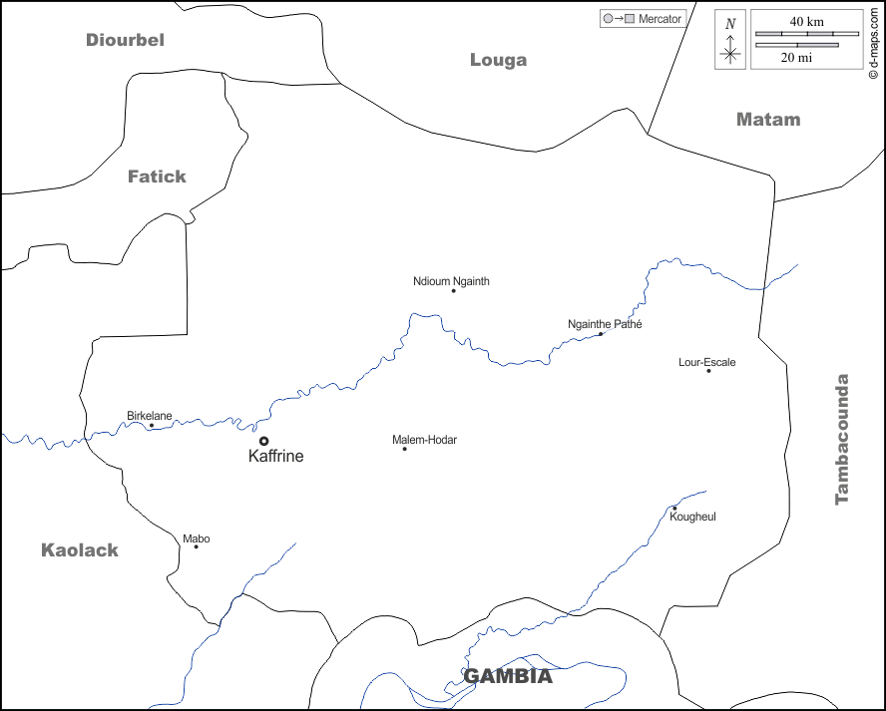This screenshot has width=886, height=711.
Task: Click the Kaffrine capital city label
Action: pos(275,456)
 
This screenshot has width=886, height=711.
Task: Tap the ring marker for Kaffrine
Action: pos(263,440)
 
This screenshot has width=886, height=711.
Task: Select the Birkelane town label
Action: pos(149,415)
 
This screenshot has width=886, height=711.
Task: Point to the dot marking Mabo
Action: pos(196,546)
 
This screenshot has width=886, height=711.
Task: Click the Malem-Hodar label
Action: pos(424,440)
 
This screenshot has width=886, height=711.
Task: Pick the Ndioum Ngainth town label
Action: pos(451,281)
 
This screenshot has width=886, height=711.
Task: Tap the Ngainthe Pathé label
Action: pos(605,324)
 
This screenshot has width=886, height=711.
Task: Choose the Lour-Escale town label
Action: pos(706,362)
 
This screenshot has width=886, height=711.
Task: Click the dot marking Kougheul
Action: pos(674,509)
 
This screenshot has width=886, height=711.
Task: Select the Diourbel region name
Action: pos(125,40)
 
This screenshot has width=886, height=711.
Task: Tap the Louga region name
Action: pos(498,60)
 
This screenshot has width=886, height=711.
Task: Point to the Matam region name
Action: pos(768,119)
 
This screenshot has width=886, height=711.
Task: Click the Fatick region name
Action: pos(157,177)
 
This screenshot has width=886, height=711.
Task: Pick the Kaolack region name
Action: pos(80,549)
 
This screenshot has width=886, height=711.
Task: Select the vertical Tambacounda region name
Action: pos(842,439)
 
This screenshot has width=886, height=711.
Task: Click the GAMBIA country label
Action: pos(508,676)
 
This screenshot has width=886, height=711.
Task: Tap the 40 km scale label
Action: pos(806,22)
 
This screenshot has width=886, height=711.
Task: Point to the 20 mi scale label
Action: pos(795,58)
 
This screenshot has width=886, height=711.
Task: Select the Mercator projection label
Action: pos(660,19)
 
